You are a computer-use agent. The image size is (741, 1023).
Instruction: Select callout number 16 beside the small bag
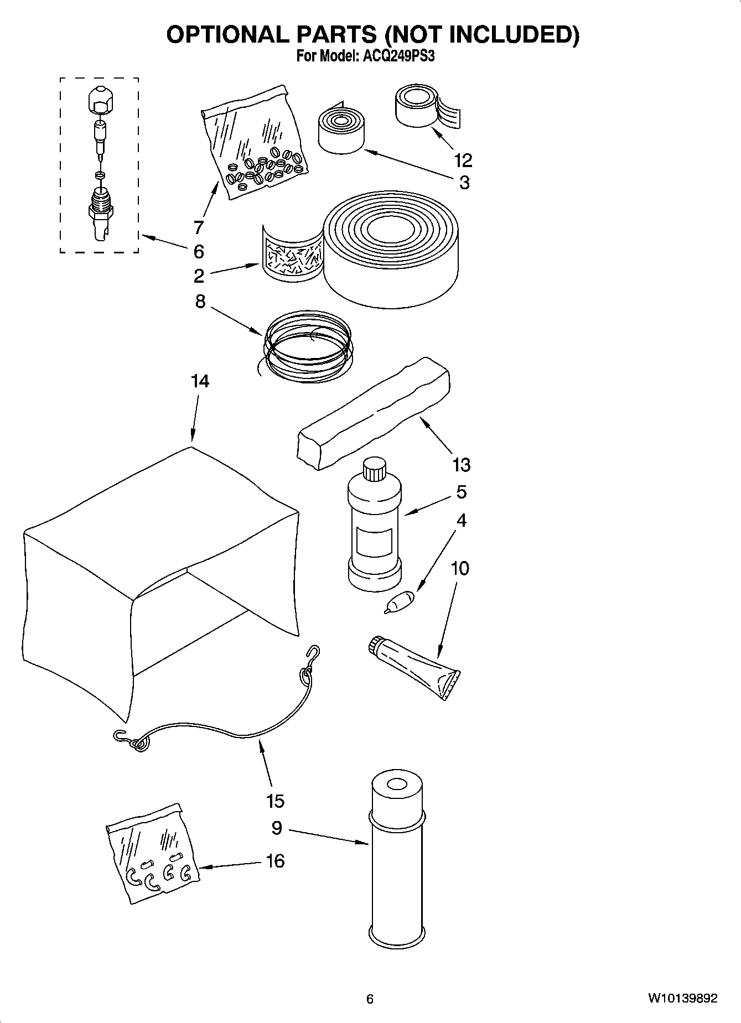point(275,860)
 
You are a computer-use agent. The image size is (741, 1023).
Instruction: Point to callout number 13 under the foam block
point(461,465)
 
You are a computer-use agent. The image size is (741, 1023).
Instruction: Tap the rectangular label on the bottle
point(374,542)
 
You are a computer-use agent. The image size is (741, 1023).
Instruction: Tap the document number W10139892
point(683,998)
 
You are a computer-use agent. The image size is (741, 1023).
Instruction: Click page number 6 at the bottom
point(370,999)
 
